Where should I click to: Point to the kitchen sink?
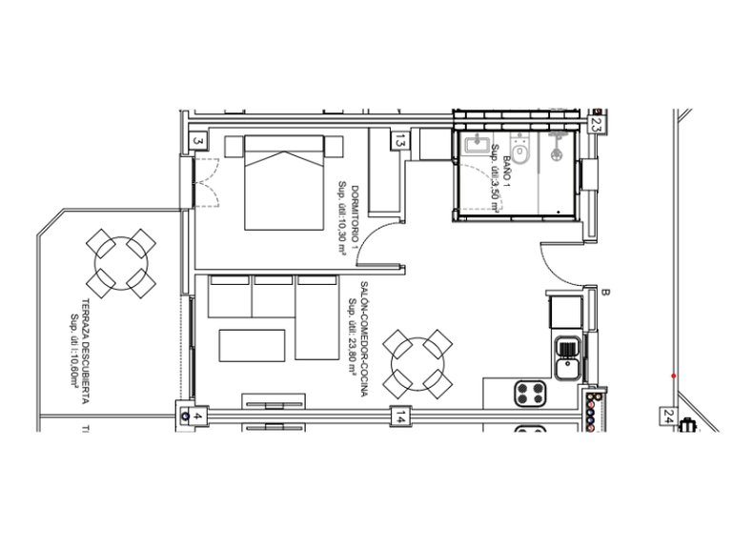568,357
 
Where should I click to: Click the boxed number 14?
401,417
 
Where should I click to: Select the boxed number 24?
666,417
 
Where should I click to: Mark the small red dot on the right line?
674,376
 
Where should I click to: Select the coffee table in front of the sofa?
253,345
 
